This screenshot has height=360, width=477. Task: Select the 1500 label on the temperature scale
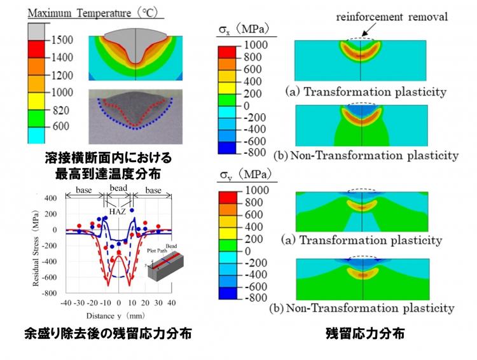pyautogui.click(x=62, y=40)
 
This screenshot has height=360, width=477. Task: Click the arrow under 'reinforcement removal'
pyautogui.click(x=370, y=30)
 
